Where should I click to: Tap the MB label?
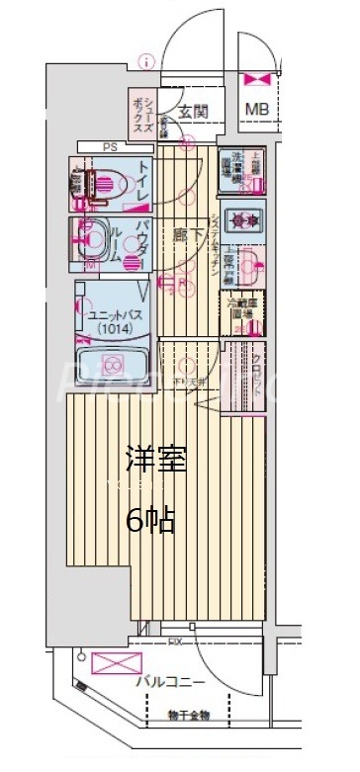(257, 109)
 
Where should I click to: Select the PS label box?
(109, 149)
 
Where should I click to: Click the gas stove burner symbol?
(240, 219)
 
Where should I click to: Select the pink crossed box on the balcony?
(112, 663)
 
